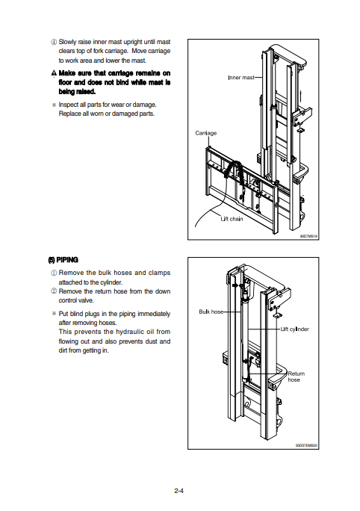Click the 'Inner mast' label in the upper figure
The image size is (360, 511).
coord(240,77)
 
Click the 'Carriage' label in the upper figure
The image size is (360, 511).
coord(205,133)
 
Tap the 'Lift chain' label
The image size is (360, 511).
coord(232,219)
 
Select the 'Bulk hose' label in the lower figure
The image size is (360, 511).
coord(211,311)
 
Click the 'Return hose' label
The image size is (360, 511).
coord(296,377)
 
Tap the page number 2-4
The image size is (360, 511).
coord(179,491)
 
